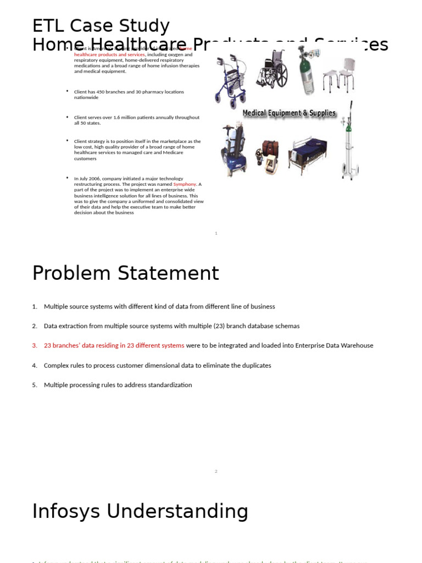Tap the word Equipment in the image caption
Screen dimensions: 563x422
289,113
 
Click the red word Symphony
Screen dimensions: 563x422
185,184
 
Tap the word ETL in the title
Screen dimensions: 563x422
48,26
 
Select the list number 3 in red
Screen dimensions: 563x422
34,346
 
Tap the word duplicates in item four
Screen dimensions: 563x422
257,366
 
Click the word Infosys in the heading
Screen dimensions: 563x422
66,511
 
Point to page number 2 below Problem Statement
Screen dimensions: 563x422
216,472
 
